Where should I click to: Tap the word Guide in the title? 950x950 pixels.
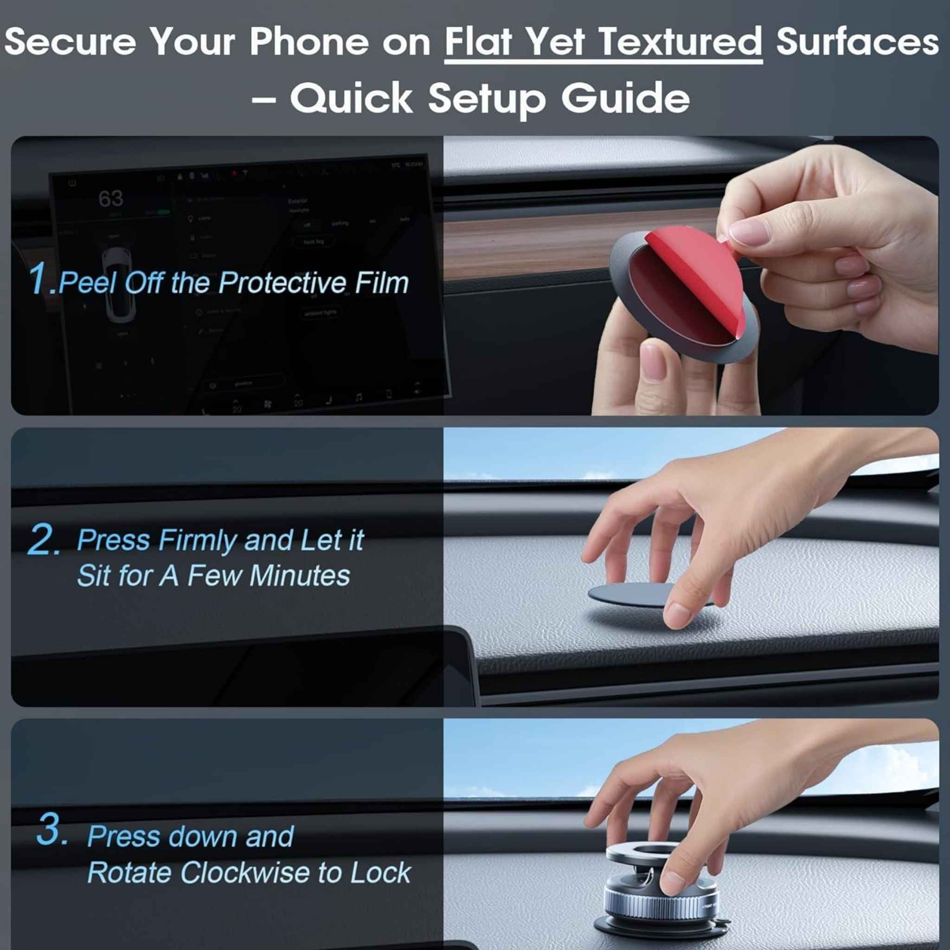coord(625,98)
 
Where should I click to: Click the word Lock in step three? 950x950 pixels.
coord(380,873)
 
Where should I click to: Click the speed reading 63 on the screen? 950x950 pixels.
coord(111,199)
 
